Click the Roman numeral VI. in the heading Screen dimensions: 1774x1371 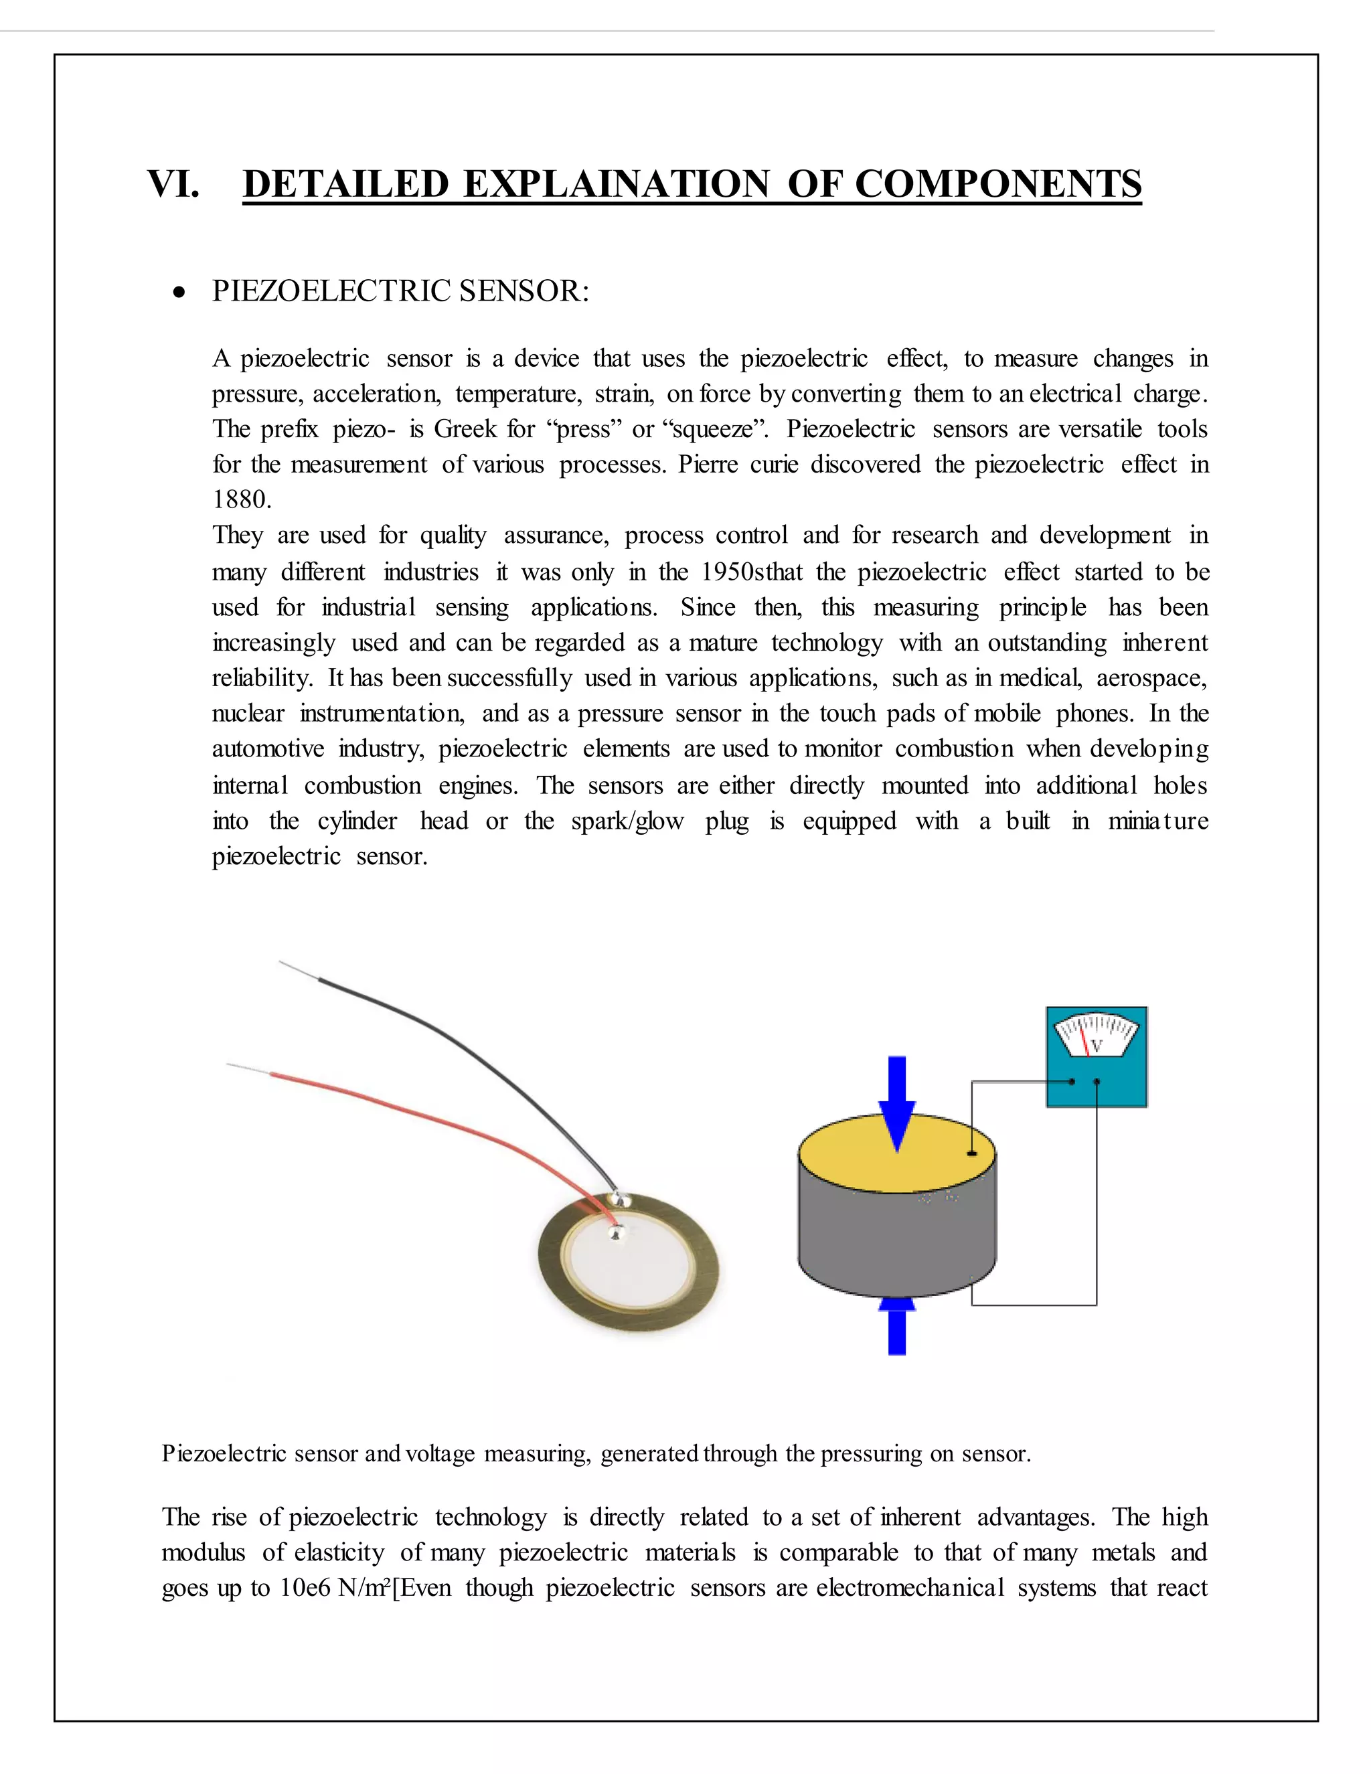pos(173,183)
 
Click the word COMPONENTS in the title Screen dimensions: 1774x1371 pos(998,183)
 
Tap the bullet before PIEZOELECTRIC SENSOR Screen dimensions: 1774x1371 pos(179,293)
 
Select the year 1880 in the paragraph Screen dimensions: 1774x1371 pos(240,499)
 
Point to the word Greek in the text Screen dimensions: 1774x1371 pos(464,429)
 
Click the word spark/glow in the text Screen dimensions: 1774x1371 pos(627,821)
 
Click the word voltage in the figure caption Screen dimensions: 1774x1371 pos(439,1453)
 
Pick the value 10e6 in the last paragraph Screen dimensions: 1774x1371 pos(305,1587)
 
